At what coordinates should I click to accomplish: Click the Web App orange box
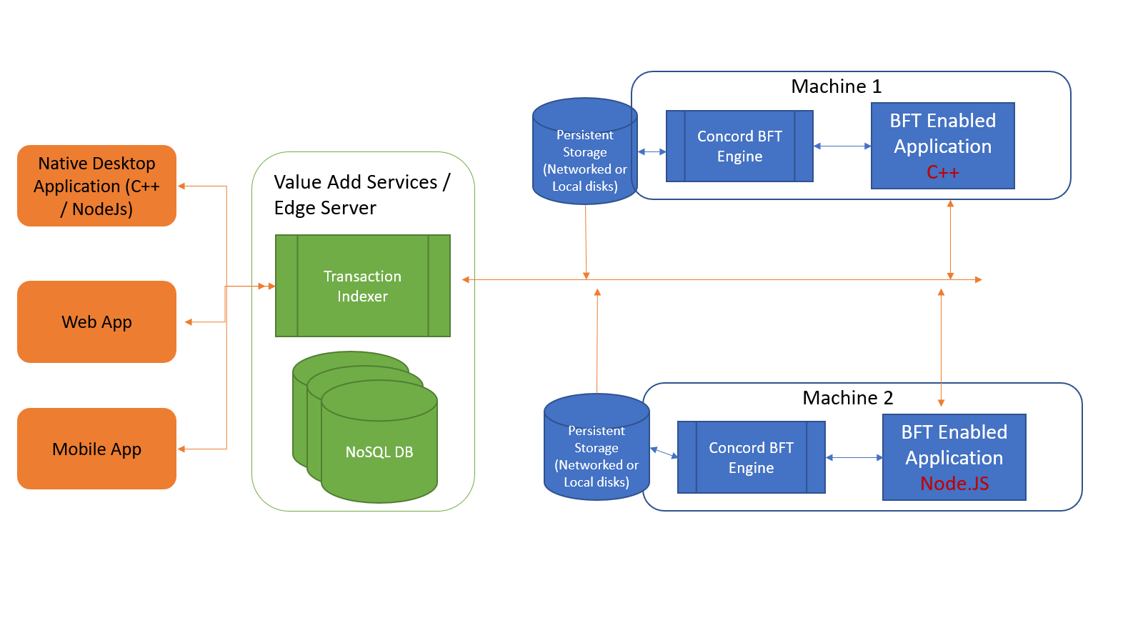96,321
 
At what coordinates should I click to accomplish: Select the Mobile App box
96,449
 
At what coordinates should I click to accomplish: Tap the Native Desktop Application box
96,186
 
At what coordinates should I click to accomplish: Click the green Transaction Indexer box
362,286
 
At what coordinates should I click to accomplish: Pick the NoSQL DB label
379,452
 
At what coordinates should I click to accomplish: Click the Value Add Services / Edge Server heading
361,194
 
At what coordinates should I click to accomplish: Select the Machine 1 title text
836,86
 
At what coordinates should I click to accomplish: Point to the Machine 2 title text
847,398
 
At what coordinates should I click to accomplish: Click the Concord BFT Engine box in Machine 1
739,146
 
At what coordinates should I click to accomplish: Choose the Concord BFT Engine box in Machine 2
751,457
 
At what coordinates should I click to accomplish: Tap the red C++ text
942,172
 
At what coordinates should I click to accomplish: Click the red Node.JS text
954,484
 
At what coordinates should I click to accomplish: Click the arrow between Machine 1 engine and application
842,146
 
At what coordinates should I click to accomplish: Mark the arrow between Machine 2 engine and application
854,457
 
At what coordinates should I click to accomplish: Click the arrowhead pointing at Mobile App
181,449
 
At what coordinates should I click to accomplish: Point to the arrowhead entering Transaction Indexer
271,286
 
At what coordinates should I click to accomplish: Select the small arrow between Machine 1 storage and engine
652,151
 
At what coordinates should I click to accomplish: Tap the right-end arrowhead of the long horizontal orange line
979,279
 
